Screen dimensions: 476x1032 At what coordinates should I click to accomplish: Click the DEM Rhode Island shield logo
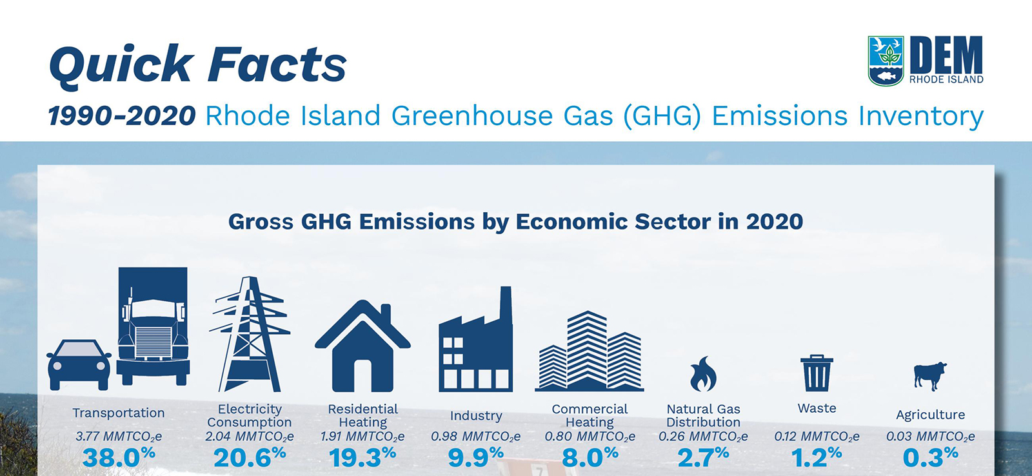[887, 60]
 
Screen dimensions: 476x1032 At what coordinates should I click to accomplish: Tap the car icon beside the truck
[79, 364]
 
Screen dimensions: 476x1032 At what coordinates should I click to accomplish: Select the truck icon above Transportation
[153, 326]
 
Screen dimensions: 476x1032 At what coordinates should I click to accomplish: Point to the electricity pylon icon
[250, 335]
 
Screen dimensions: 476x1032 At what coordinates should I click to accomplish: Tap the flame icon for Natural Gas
[703, 374]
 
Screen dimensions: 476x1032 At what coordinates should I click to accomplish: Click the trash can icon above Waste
[817, 373]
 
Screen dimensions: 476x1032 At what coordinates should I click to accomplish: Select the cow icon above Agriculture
[930, 375]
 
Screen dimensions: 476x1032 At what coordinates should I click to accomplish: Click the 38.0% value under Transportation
[119, 458]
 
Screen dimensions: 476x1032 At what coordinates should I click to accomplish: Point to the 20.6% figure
[250, 458]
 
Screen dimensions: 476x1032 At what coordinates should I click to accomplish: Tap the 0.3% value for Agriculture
[930, 458]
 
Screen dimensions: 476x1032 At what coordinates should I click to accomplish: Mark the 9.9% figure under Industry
[476, 458]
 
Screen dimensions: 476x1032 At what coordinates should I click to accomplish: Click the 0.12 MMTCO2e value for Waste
[817, 437]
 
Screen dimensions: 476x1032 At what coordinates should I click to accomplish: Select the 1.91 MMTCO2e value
[362, 437]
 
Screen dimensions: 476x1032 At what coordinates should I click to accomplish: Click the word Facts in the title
[277, 64]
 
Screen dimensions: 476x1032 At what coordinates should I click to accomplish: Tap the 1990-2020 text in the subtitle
[122, 116]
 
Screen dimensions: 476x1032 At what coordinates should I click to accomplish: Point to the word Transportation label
[119, 413]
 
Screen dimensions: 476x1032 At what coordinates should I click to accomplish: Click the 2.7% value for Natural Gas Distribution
[703, 458]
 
